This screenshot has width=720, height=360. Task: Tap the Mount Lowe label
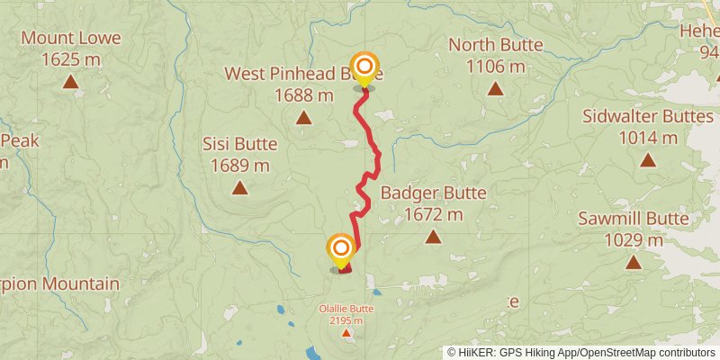point(61,40)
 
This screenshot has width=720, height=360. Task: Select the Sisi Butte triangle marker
point(239,188)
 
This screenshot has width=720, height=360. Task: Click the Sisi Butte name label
point(239,144)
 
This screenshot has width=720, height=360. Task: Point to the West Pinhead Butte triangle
point(304,117)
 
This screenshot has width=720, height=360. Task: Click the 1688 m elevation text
point(304,94)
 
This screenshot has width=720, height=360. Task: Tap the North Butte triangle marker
point(495,88)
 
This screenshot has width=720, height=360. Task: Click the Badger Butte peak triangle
point(433,237)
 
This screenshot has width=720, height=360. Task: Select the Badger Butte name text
point(433,193)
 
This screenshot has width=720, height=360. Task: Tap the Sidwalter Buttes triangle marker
point(648,160)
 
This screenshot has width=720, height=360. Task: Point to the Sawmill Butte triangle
point(634,263)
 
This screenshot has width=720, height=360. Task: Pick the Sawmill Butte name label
point(634,219)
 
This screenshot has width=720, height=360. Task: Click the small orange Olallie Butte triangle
point(346,334)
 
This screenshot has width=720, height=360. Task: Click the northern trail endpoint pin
point(364,68)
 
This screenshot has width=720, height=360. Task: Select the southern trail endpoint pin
point(341,249)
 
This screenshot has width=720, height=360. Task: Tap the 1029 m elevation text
point(634,240)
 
